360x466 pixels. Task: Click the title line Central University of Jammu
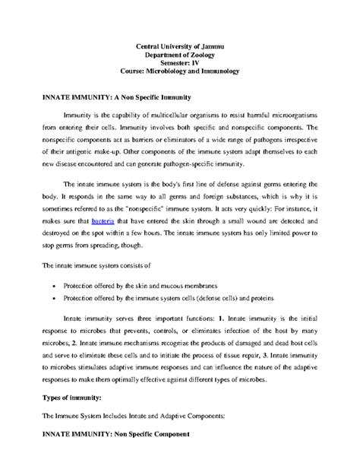(180, 48)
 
